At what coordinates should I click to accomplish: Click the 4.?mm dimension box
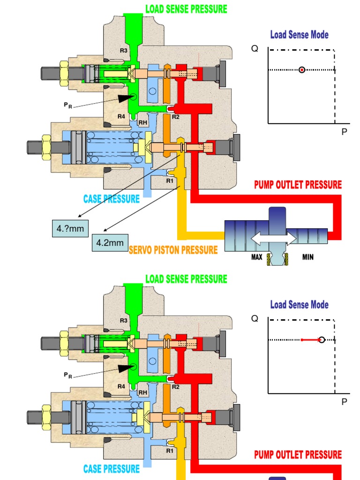click(66, 228)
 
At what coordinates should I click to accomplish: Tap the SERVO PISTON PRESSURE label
click(173, 250)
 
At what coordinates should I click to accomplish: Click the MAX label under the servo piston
click(256, 257)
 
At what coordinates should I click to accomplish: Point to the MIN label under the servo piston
click(308, 257)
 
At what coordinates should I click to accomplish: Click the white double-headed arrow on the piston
click(274, 239)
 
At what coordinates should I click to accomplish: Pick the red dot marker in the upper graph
click(302, 70)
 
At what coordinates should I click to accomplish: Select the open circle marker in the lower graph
click(321, 339)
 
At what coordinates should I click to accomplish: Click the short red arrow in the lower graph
click(309, 339)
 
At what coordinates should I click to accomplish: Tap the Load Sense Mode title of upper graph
click(299, 35)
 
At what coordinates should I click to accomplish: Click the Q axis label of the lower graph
click(255, 319)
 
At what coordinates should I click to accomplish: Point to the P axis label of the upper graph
click(344, 132)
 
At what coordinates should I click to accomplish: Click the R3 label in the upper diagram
click(123, 51)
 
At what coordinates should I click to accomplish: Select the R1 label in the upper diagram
click(170, 180)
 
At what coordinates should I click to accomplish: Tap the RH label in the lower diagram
click(143, 393)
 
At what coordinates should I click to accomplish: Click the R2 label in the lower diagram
click(175, 387)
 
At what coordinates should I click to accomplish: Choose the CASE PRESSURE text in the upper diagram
click(112, 199)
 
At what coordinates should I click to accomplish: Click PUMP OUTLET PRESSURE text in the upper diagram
click(298, 185)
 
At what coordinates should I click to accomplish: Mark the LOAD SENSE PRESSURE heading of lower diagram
click(186, 279)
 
